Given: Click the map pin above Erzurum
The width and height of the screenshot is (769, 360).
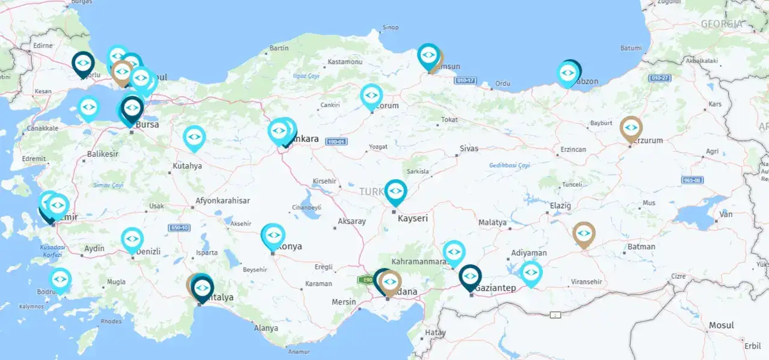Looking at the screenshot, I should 631,128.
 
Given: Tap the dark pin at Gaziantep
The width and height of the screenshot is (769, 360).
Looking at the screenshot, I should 470,276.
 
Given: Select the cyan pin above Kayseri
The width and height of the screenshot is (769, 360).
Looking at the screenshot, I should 395,191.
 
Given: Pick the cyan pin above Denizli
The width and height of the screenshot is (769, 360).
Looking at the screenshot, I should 132,239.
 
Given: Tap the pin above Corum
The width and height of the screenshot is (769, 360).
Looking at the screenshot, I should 371,96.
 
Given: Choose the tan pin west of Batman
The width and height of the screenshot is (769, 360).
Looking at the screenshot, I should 583,234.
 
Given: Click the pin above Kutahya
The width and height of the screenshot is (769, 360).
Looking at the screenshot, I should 194,137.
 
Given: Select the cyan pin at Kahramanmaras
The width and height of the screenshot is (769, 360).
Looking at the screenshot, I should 454,252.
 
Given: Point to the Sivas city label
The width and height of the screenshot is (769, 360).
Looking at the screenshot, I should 469,148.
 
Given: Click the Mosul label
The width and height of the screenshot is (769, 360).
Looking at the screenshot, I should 721,325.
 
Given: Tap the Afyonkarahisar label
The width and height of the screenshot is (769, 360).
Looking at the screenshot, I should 223,201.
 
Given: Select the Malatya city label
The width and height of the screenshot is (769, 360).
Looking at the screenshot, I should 492,222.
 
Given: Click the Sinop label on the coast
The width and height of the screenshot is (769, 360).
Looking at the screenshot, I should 391,28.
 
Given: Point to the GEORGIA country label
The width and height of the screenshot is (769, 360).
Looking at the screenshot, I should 720,24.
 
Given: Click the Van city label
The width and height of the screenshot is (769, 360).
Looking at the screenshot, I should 726,215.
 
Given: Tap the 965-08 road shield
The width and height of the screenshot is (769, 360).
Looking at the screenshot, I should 692,180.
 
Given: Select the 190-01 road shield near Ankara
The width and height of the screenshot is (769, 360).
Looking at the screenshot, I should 336,141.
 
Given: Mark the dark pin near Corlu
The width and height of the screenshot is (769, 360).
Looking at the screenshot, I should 83,63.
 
